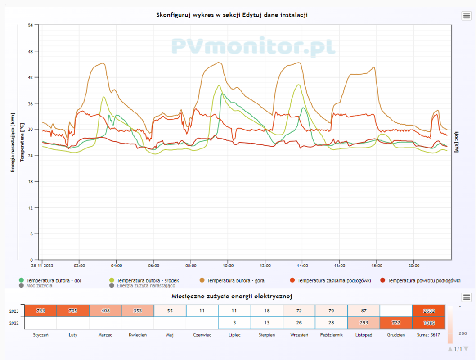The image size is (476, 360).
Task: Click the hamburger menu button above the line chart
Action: point(466,16)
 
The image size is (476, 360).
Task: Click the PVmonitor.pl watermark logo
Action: point(253,47)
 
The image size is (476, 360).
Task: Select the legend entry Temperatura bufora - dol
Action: point(54,280)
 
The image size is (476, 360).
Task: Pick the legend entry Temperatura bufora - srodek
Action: point(148,280)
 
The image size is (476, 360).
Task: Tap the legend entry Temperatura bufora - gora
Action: point(235,280)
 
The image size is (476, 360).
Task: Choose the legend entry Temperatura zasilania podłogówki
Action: point(334,280)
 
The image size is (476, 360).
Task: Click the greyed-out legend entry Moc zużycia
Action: point(39,285)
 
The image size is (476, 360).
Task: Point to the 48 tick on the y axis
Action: point(30,51)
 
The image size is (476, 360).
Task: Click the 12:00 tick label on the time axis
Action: point(265,265)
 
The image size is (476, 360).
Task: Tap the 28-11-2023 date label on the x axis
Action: point(42,265)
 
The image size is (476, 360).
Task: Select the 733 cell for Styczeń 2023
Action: point(40,310)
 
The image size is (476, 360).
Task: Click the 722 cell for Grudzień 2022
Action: point(396,323)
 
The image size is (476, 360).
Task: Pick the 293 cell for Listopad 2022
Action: point(364,323)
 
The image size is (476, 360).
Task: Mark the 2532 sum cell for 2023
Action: point(428,310)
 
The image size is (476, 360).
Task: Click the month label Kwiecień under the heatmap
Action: point(137,335)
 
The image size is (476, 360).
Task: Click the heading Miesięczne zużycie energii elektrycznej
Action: point(232,296)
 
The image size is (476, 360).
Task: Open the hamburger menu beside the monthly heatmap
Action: point(466,297)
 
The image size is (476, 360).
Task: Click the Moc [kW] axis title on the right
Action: point(457,142)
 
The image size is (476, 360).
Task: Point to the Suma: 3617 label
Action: point(428,335)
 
